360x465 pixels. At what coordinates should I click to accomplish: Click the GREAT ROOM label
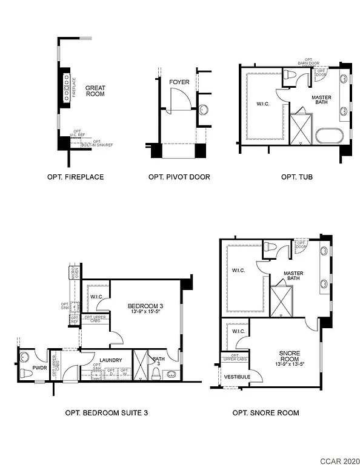click(95, 91)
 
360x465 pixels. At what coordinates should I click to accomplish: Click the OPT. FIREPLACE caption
click(75, 177)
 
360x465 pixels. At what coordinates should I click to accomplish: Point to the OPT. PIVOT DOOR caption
click(179, 177)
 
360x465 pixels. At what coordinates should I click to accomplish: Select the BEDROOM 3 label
click(145, 306)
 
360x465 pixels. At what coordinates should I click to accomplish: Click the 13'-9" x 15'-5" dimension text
click(145, 313)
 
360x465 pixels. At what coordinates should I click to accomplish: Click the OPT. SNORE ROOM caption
click(265, 414)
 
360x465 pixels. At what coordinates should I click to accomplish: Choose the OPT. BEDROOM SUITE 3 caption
click(107, 414)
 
